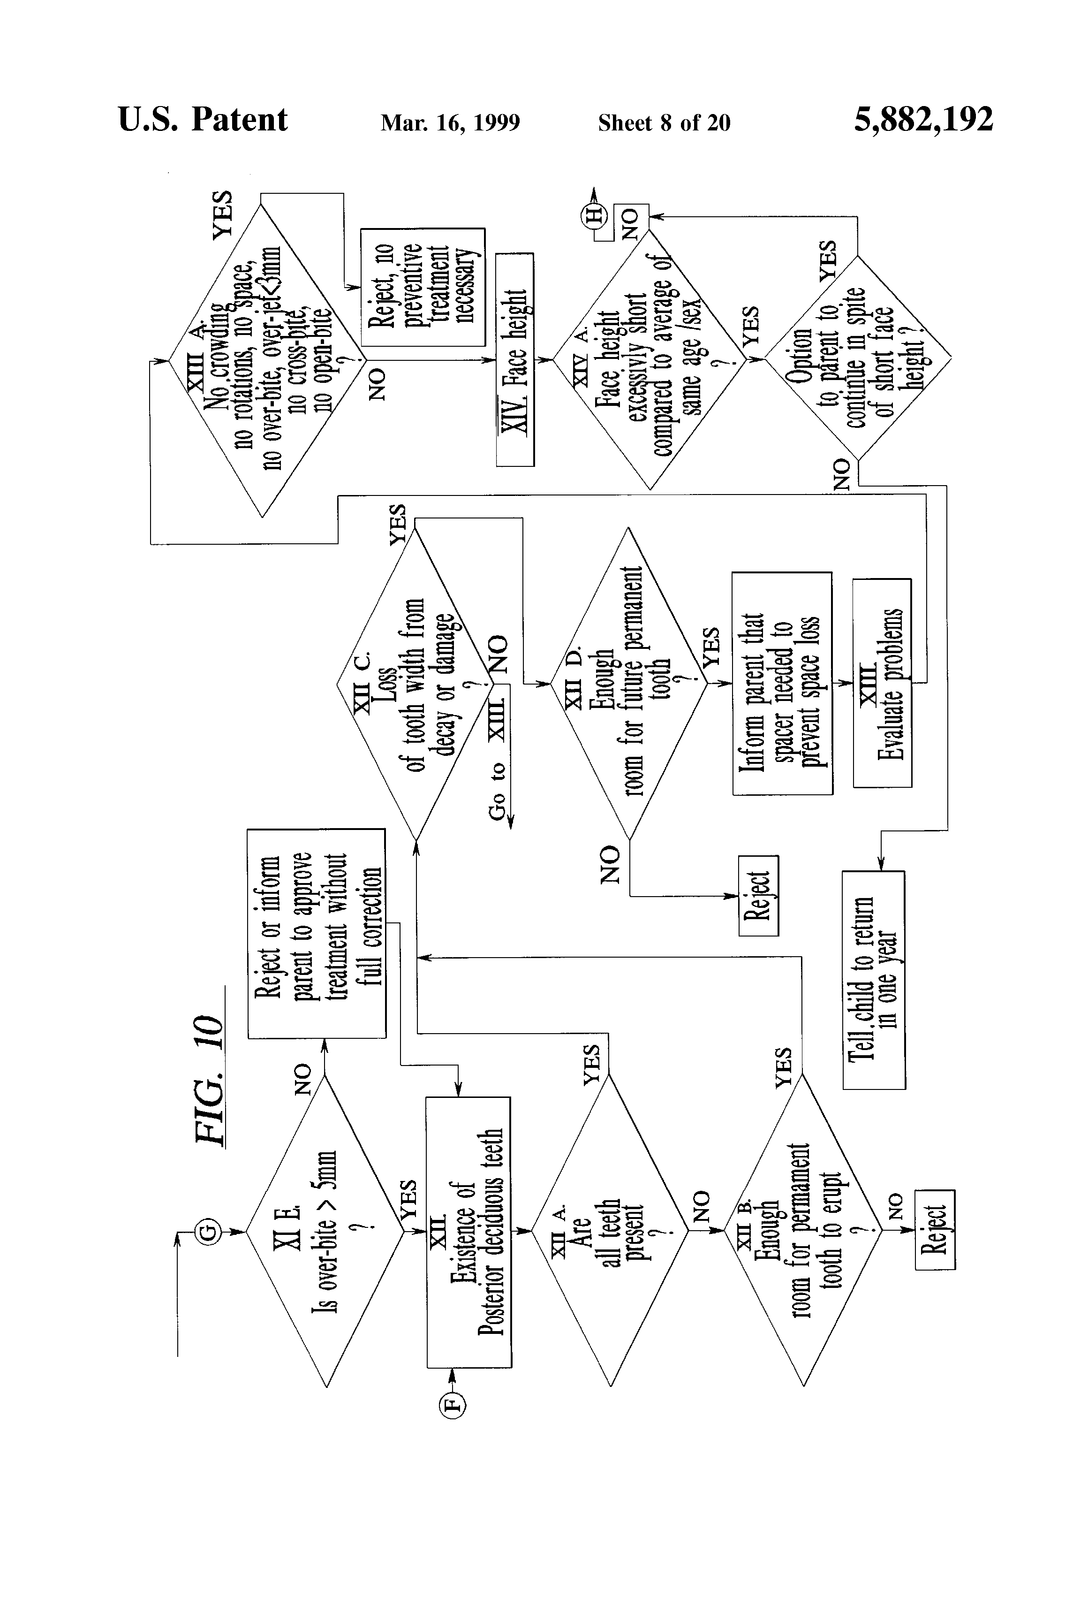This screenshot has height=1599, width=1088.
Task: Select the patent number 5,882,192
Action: tap(923, 120)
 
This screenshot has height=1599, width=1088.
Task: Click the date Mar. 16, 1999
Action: tap(451, 122)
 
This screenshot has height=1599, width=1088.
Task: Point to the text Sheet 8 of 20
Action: tap(664, 122)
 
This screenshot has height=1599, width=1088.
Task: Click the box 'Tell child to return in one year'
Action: tap(873, 980)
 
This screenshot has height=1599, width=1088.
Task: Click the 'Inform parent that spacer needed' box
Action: tap(782, 683)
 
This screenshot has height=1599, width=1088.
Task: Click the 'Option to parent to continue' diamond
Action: tap(858, 358)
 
